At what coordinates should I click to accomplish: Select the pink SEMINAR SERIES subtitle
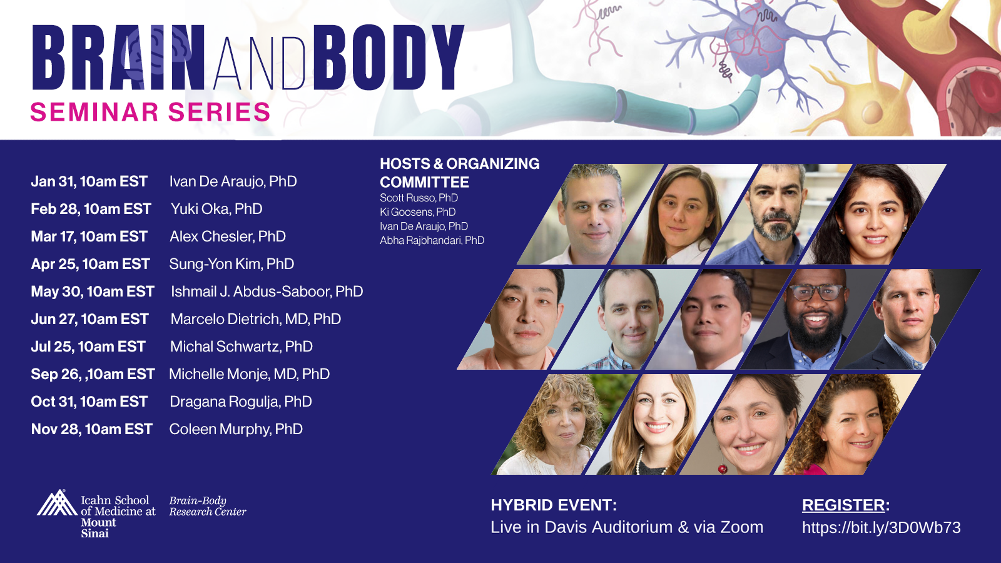(150, 112)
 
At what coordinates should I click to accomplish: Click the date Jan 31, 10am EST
(89, 181)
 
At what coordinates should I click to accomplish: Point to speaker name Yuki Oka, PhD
(216, 209)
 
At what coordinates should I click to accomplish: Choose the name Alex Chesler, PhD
(228, 236)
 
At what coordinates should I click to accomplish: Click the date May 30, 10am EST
(93, 292)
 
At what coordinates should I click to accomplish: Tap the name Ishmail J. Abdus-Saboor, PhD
(267, 292)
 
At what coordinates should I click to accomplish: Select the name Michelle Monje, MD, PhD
(250, 374)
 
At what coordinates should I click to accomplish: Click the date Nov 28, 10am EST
(91, 429)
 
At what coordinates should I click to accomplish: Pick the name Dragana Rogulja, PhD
(240, 402)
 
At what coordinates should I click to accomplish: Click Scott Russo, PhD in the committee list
(419, 198)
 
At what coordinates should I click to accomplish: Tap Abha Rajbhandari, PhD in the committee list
(432, 240)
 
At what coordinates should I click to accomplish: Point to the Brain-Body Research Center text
(207, 506)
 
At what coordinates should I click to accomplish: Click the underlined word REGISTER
(843, 505)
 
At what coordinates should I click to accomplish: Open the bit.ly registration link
(882, 528)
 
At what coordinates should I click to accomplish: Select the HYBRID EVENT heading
(554, 505)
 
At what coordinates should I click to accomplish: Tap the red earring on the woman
(722, 469)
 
